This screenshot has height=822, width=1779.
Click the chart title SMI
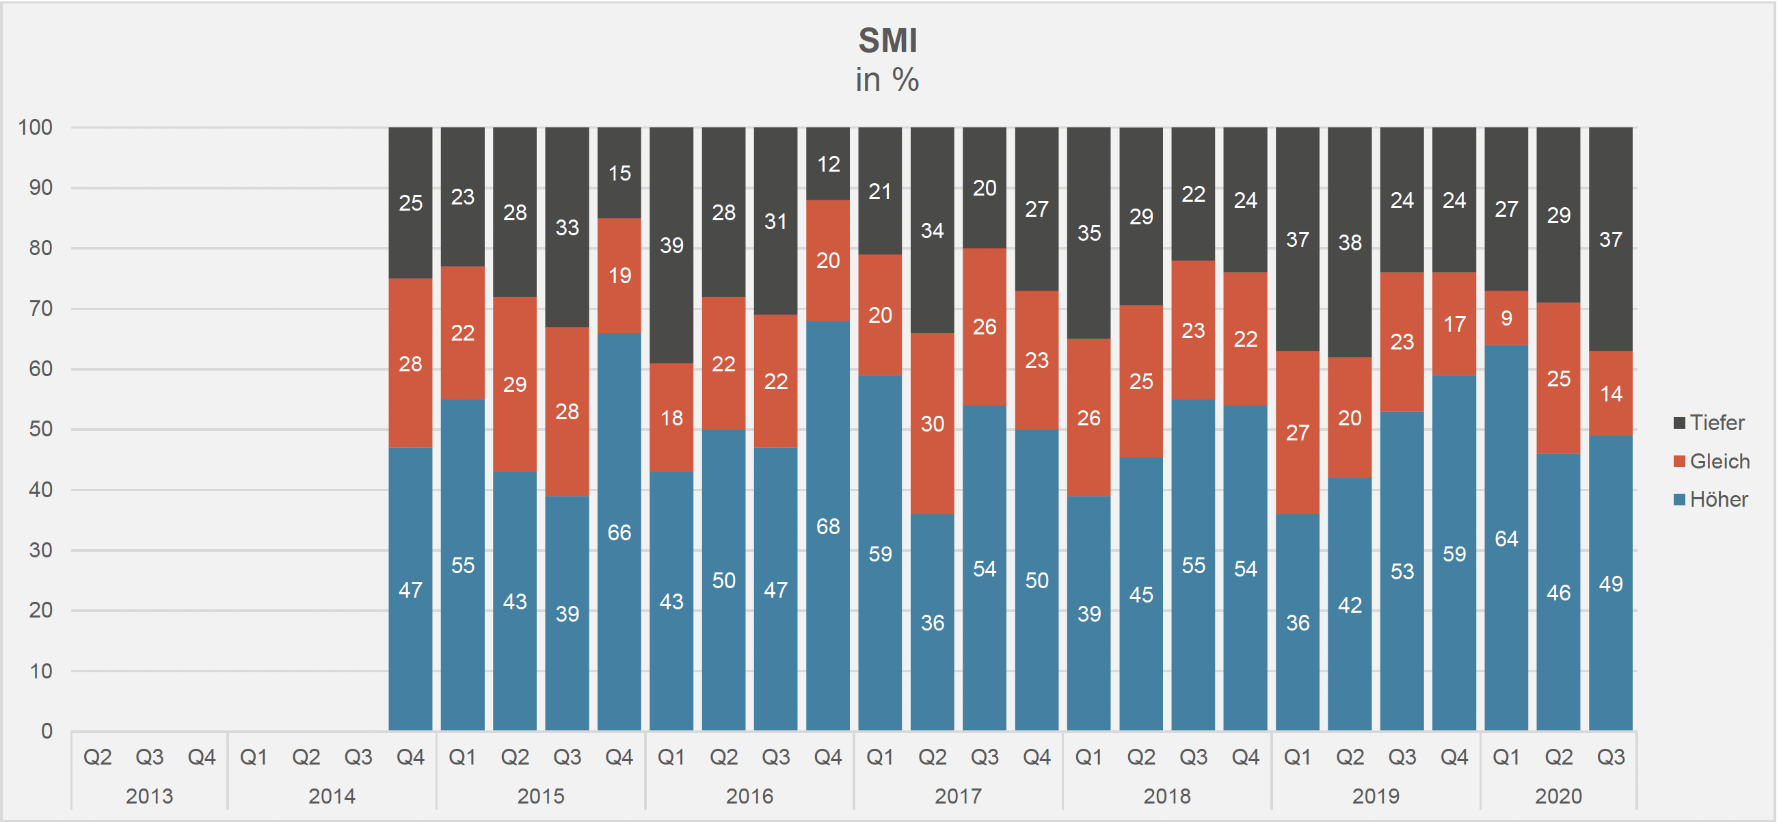[887, 41]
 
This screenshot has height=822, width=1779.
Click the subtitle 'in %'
[887, 79]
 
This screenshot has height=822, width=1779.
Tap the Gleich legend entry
[1711, 462]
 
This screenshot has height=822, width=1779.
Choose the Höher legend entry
[1711, 499]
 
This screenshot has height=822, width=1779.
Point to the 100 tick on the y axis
[36, 127]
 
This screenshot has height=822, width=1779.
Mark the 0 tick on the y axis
[46, 731]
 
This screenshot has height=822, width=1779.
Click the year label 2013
[149, 796]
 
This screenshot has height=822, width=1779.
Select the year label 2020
[1558, 796]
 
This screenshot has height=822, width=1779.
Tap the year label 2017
[958, 796]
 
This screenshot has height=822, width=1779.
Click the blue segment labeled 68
[828, 527]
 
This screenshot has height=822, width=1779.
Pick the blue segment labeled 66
[619, 532]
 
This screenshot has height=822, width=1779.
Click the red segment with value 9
[1506, 318]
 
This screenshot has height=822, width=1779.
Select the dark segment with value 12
[828, 163]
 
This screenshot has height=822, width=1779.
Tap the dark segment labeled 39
[671, 246]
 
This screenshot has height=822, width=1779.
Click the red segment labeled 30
[933, 423]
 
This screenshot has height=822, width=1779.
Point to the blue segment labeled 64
[1506, 538]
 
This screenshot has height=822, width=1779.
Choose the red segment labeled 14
[1611, 394]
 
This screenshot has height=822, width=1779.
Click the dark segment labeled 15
[619, 173]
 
